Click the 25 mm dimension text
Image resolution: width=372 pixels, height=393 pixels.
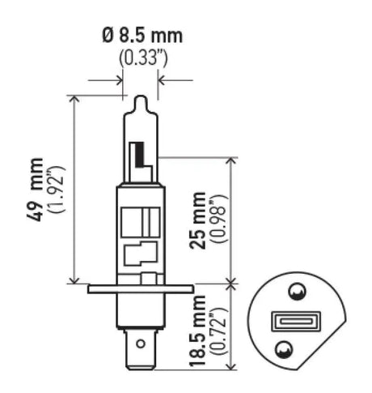pos(199,220)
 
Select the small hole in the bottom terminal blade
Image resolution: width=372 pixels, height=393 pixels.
pos(141,344)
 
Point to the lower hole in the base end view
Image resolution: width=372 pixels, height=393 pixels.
pos(284,349)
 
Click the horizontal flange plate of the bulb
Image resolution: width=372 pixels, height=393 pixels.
pos(141,287)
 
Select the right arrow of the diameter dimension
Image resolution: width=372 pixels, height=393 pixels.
pos(163,80)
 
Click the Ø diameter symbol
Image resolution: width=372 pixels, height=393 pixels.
pos(107,36)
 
